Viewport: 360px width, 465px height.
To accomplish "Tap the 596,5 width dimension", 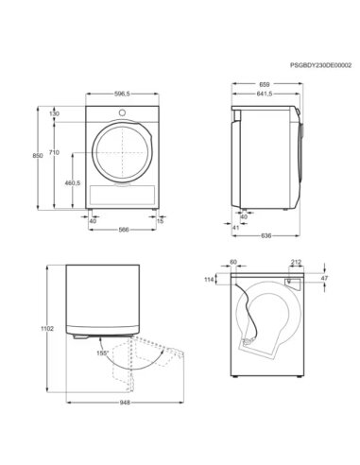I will click(118, 94).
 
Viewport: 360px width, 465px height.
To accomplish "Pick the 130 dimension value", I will click(54, 113).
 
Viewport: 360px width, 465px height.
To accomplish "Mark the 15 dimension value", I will click(160, 223).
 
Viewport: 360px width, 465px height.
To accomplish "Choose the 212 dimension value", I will click(297, 263).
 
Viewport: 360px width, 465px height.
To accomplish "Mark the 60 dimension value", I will click(232, 263).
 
